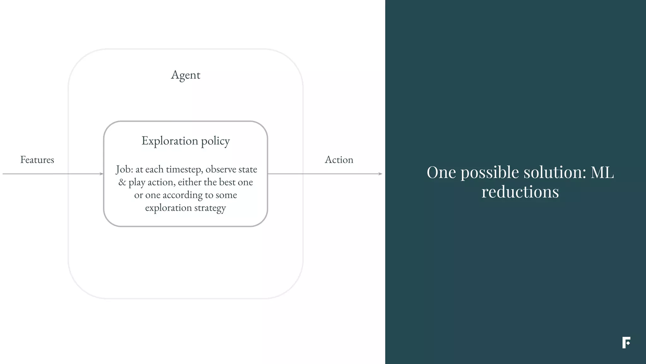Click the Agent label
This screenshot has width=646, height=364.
(x=185, y=75)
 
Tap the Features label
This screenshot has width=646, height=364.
(x=37, y=160)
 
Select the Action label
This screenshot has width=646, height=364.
(x=339, y=160)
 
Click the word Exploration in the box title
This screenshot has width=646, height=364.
(x=170, y=141)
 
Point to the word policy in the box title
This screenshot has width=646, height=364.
(x=215, y=141)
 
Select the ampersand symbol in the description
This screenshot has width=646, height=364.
(x=122, y=182)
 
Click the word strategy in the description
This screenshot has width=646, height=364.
(x=210, y=208)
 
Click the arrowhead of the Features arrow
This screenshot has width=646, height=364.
(x=102, y=174)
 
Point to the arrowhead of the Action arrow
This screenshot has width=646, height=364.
(x=380, y=174)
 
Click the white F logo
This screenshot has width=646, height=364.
(x=626, y=343)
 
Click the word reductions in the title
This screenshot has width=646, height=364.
(x=520, y=192)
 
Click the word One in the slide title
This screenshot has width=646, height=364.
(x=441, y=173)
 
